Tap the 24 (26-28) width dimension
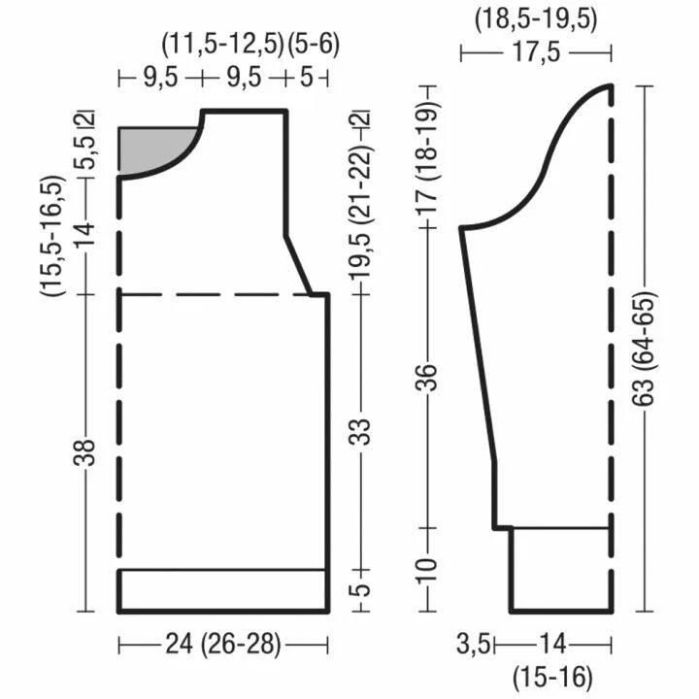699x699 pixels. click(223, 645)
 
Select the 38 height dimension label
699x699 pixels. click(84, 452)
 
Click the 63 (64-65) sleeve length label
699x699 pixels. click(645, 349)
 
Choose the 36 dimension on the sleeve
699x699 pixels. click(427, 378)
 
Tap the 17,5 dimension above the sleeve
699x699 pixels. click(535, 52)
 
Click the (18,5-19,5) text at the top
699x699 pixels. click(535, 20)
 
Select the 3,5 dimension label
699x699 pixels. click(474, 645)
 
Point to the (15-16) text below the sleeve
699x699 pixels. click(552, 678)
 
